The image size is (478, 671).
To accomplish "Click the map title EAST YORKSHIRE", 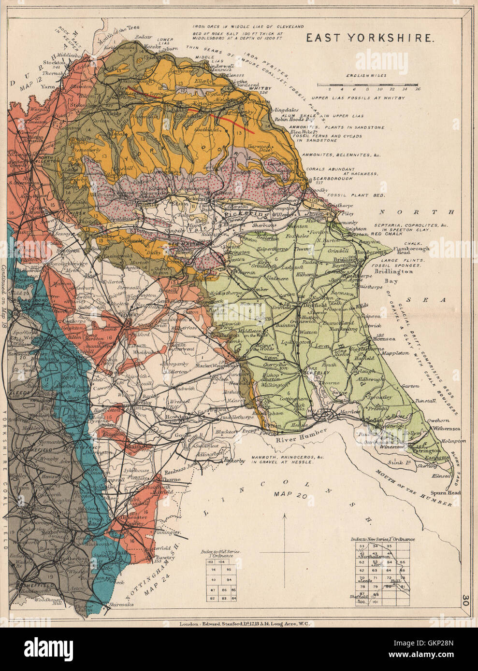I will [x=369, y=39].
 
